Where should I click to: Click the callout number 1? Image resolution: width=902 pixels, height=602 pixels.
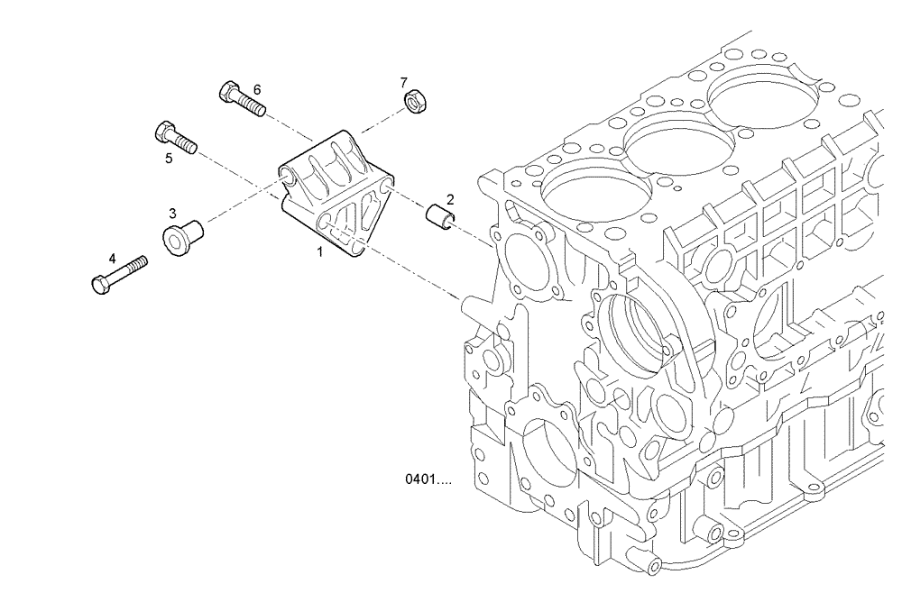pos(319,252)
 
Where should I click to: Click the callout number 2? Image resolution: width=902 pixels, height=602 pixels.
pos(450,198)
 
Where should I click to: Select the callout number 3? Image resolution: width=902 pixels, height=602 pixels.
pos(172,213)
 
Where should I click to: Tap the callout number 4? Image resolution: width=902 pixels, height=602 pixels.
pos(112,258)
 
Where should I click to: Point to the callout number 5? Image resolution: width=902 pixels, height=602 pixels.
pos(169,159)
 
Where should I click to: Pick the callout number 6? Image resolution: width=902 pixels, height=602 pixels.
pos(257,89)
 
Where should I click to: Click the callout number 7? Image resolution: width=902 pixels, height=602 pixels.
pos(404,82)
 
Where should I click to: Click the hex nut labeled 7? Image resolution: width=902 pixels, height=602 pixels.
pos(417,104)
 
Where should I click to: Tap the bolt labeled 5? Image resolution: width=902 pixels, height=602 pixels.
pos(176,137)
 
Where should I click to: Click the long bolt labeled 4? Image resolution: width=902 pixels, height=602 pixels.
pos(119,274)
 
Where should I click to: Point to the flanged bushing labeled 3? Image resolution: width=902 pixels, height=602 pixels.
pos(182,235)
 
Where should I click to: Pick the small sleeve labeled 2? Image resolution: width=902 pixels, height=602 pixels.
pos(439,217)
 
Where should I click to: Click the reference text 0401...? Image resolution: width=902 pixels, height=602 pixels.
pos(428,480)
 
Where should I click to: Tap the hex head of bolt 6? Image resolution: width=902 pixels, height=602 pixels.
pos(227,92)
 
